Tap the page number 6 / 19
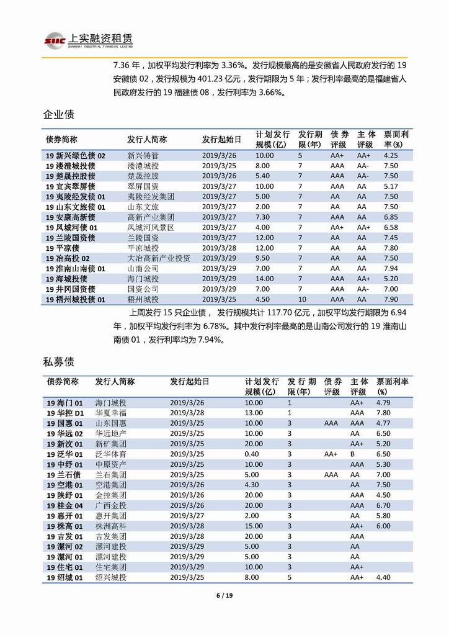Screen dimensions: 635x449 (x=224, y=596)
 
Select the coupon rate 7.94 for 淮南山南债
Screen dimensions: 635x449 (x=390, y=268)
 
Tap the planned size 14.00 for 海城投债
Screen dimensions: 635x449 (x=264, y=279)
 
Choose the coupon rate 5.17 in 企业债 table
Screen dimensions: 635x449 (x=390, y=186)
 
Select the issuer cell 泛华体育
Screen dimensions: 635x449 (x=110, y=454)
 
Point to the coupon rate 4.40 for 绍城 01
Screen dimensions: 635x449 (x=383, y=577)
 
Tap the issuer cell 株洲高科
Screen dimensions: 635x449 (x=110, y=526)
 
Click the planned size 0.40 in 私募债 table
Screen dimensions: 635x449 (x=253, y=454)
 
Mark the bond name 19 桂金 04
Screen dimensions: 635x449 (x=65, y=505)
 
